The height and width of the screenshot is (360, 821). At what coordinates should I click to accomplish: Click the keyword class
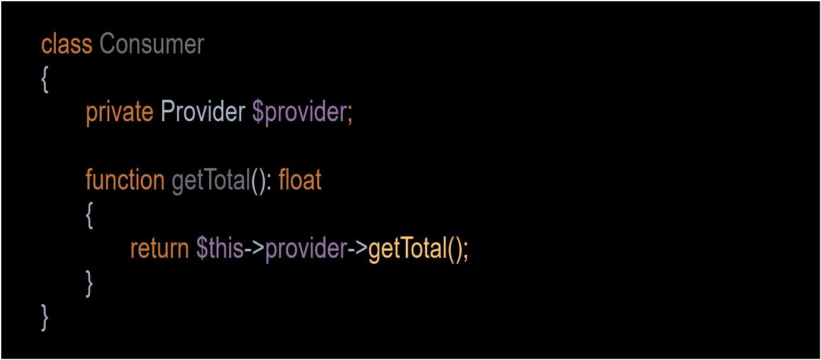[67, 45]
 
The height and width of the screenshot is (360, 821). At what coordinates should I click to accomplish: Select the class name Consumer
[151, 44]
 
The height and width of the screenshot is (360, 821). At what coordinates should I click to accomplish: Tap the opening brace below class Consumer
[45, 79]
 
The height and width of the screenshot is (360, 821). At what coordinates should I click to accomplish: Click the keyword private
[119, 112]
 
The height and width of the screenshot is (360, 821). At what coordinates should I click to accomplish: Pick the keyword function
[125, 179]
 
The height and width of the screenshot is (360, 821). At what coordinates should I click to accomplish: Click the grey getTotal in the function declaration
[211, 181]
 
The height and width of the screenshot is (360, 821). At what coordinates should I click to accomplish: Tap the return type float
[300, 179]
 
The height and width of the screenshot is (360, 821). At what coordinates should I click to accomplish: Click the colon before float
[269, 184]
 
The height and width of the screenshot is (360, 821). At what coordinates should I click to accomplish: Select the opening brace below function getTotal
[90, 216]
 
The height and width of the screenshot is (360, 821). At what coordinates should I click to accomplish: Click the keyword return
[159, 248]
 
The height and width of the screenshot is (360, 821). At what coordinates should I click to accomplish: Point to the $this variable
[220, 248]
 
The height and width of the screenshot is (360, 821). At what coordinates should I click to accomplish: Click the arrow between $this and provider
[254, 248]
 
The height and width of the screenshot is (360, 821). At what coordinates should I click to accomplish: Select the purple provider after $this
[306, 249]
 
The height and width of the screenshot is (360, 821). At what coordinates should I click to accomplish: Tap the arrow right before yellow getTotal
[358, 248]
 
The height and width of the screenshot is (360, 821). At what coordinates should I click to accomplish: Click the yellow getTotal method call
[408, 250]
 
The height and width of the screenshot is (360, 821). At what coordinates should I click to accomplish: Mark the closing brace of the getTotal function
[89, 284]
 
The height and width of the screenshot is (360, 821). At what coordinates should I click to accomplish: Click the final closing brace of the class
[45, 317]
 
